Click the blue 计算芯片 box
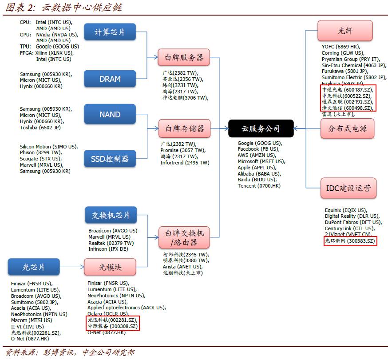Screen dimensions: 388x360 tap(110, 32)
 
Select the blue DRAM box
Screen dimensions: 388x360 tap(110, 79)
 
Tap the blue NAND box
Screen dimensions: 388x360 tap(110, 114)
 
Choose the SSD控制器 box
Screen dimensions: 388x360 tap(110, 159)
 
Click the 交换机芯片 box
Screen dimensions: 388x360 tap(111, 216)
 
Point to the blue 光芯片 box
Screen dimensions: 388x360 tap(34, 267)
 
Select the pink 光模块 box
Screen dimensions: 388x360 tap(110, 267)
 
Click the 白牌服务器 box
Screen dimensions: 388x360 tap(184, 57)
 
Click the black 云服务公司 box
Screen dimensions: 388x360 tap(261, 128)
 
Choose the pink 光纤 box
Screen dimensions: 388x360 tap(345, 31)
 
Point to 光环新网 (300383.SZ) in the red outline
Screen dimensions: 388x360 tap(350, 241)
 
